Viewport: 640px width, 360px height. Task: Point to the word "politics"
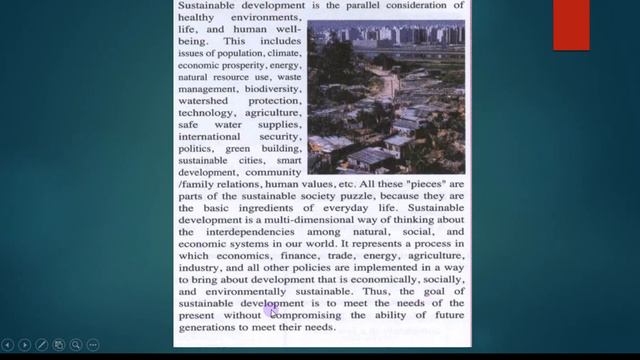[197, 147]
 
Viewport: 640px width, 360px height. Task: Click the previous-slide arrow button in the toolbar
[8, 345]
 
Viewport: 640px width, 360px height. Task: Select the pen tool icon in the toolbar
[42, 345]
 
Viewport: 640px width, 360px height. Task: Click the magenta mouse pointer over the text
[270, 309]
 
